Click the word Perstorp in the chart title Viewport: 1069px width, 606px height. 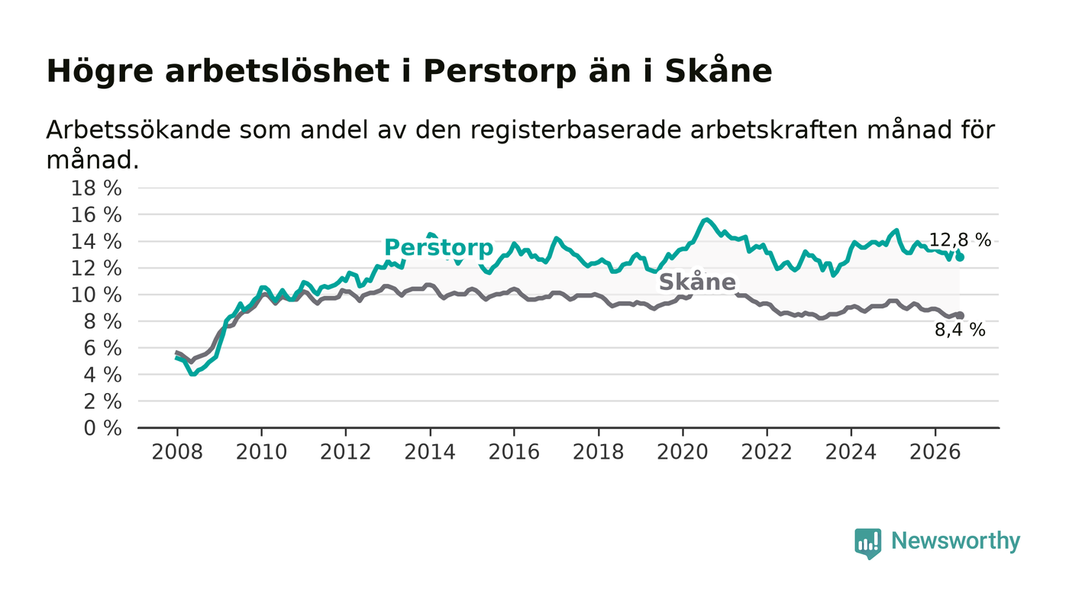(499, 72)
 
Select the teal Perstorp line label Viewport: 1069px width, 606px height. (438, 247)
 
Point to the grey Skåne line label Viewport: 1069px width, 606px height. (697, 282)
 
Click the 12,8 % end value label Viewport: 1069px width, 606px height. (960, 240)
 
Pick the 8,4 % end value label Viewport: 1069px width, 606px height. (960, 330)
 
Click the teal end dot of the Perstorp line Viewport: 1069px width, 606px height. (960, 257)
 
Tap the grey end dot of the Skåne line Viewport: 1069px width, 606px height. (960, 315)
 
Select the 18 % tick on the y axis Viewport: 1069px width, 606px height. (96, 189)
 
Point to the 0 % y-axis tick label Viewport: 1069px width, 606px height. (102, 428)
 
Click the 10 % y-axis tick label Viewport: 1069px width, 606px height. (96, 295)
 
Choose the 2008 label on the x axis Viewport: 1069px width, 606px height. (177, 453)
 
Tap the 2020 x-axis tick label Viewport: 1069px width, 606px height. (683, 453)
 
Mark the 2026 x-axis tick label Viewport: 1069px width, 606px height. (935, 453)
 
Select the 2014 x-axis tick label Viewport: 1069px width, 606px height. (430, 453)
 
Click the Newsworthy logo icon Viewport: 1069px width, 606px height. (868, 543)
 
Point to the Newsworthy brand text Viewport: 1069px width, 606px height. (955, 541)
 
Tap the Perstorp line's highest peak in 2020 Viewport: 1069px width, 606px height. (706, 220)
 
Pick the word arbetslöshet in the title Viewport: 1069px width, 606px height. (277, 71)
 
